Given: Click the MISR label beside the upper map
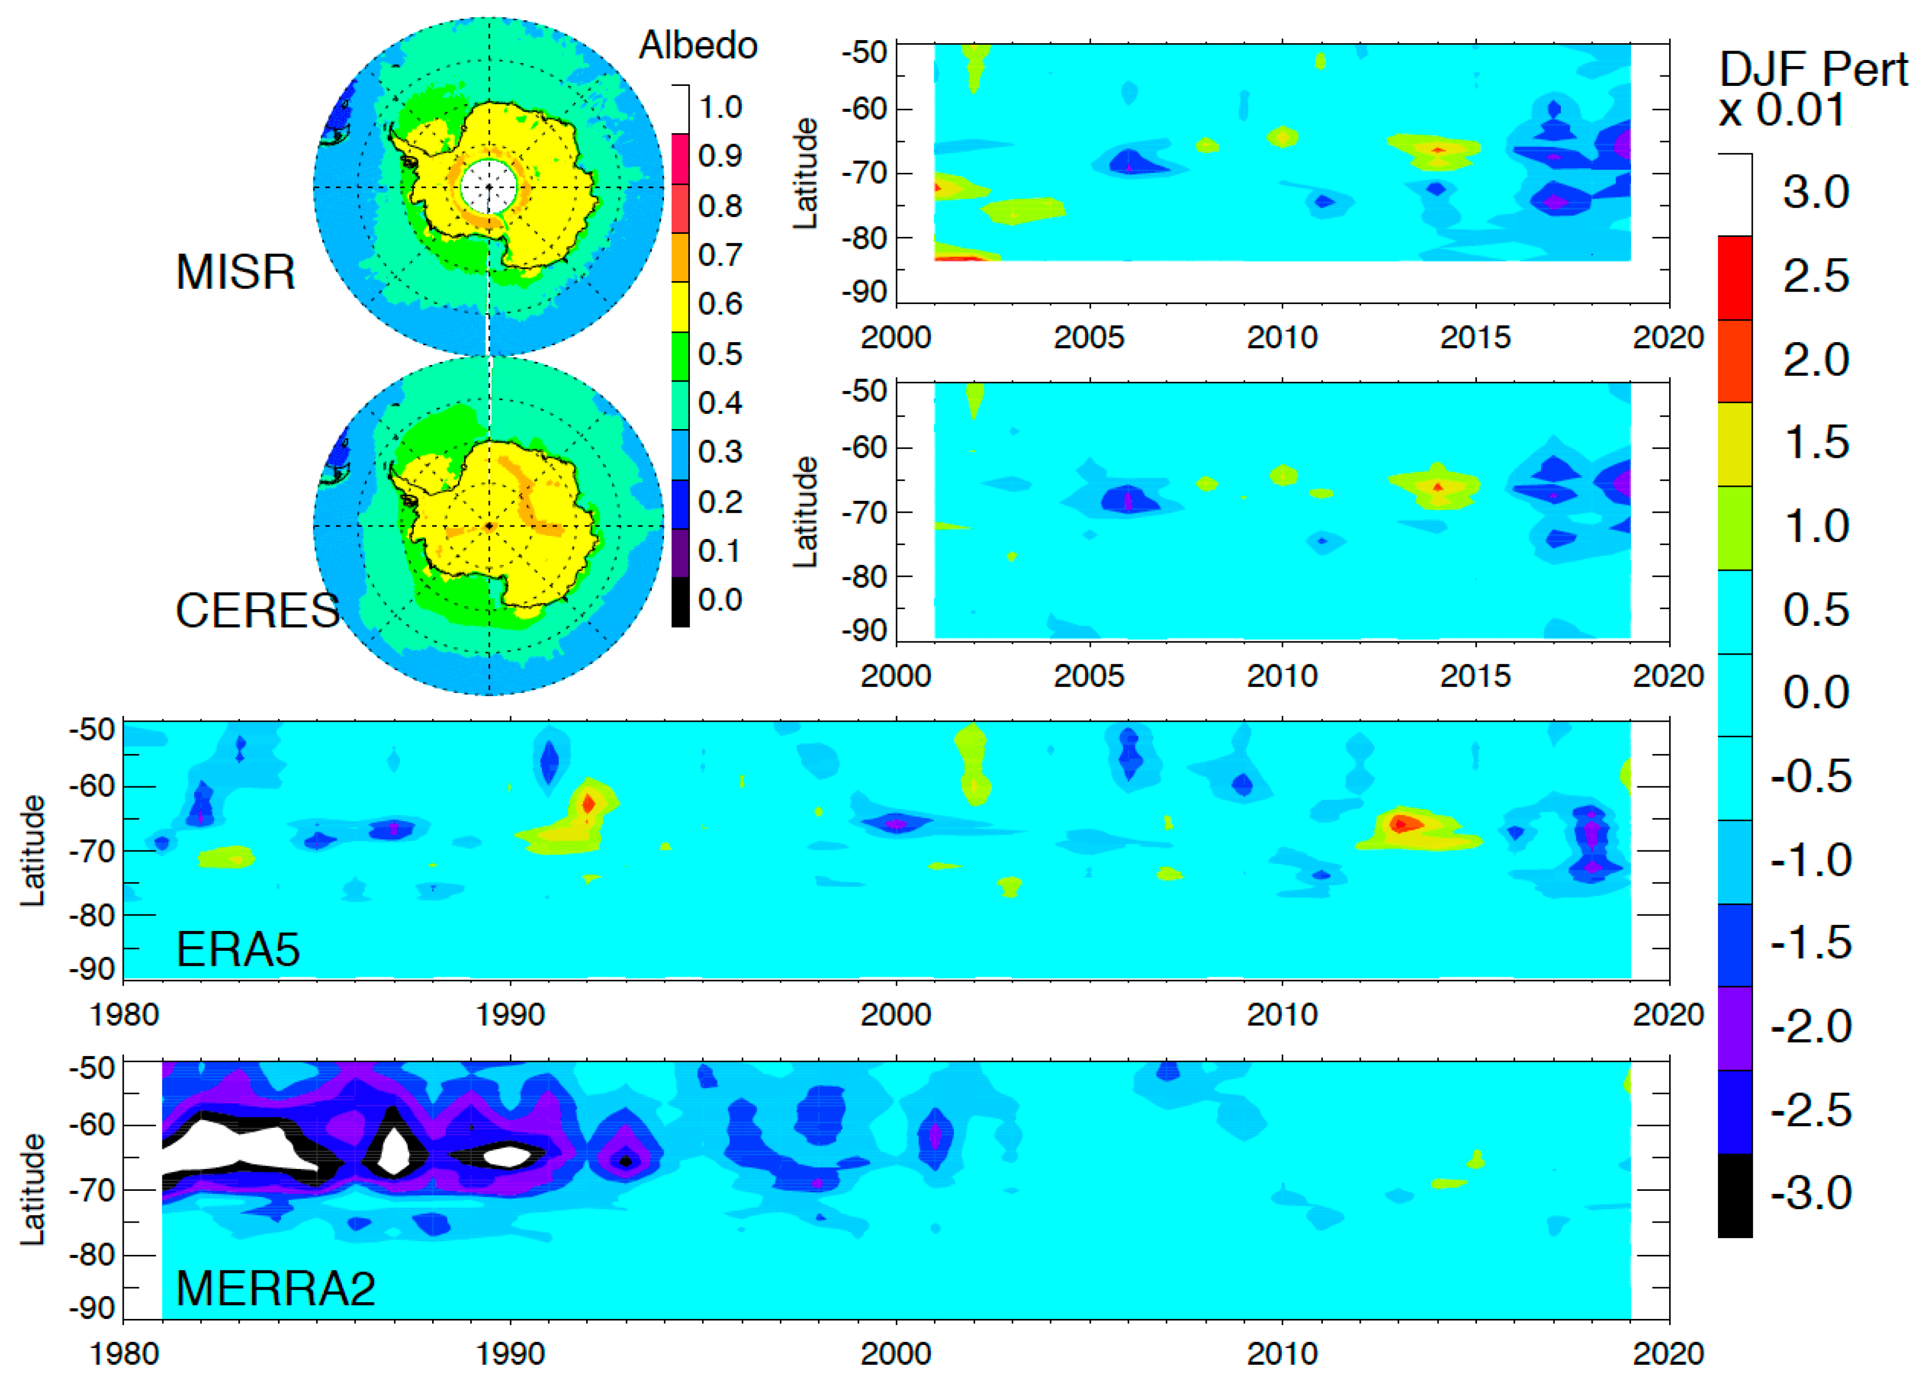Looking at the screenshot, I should point(235,272).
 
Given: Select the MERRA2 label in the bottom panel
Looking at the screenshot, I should point(275,1288).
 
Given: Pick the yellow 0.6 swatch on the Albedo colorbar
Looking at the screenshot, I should point(680,306).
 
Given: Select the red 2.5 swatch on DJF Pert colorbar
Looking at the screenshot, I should point(1735,277).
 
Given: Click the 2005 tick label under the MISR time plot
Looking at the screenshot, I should point(1089,338).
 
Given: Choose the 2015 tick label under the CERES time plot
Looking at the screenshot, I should point(1475,676).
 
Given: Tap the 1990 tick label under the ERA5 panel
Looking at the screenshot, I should point(510,1015).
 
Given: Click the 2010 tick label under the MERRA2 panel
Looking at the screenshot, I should point(1282,1353).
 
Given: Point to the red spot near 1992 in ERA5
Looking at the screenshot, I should point(588,802).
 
